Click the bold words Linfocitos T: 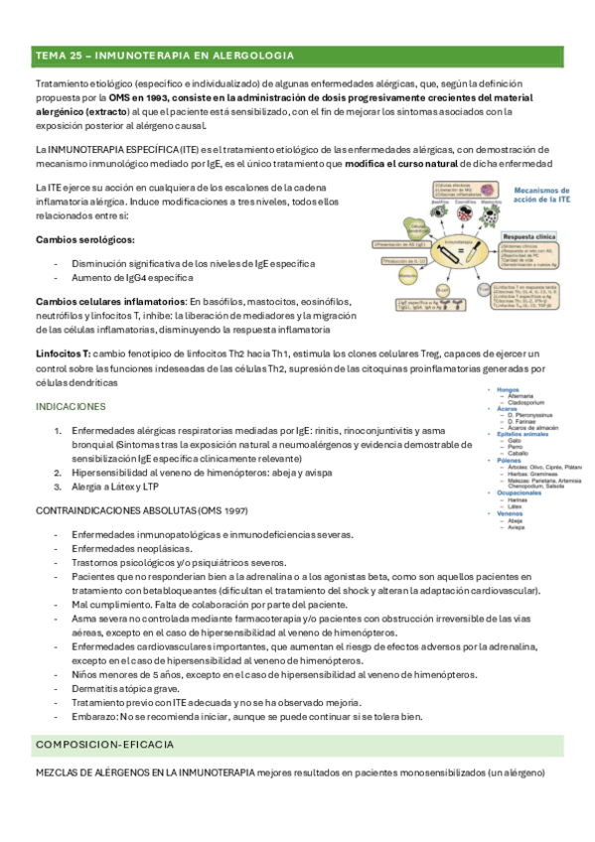coord(64,353)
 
